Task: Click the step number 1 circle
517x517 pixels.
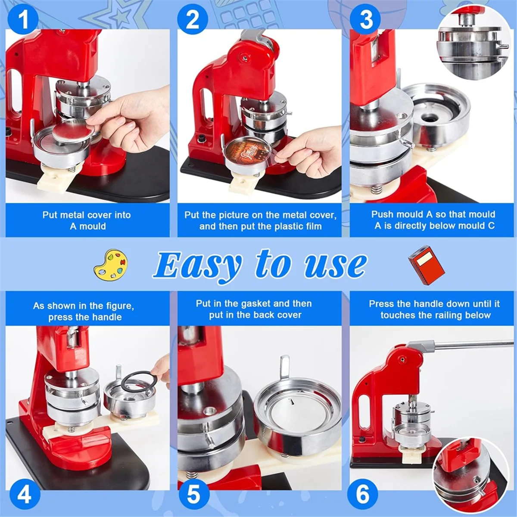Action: (23, 19)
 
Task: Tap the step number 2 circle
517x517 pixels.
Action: (193, 19)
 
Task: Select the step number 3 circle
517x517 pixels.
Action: (365, 19)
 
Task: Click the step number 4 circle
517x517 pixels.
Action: (25, 494)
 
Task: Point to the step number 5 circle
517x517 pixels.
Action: (194, 494)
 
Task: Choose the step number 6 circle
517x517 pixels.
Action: (362, 494)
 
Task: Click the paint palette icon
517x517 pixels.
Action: (111, 265)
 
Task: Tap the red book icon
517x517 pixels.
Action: (426, 265)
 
